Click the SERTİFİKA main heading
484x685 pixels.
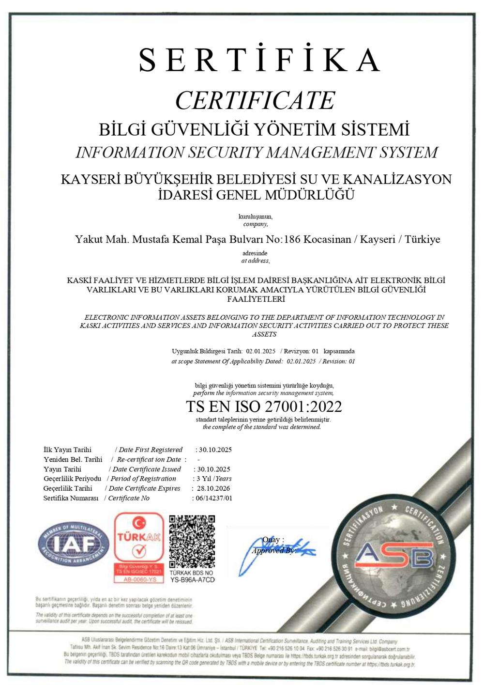(259, 60)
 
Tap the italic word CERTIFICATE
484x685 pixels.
(255, 100)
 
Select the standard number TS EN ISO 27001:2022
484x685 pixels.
(264, 406)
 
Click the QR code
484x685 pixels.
(192, 542)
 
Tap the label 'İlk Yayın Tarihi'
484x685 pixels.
(67, 450)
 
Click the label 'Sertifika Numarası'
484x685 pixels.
(71, 498)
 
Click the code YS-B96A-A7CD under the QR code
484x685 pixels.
(192, 579)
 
